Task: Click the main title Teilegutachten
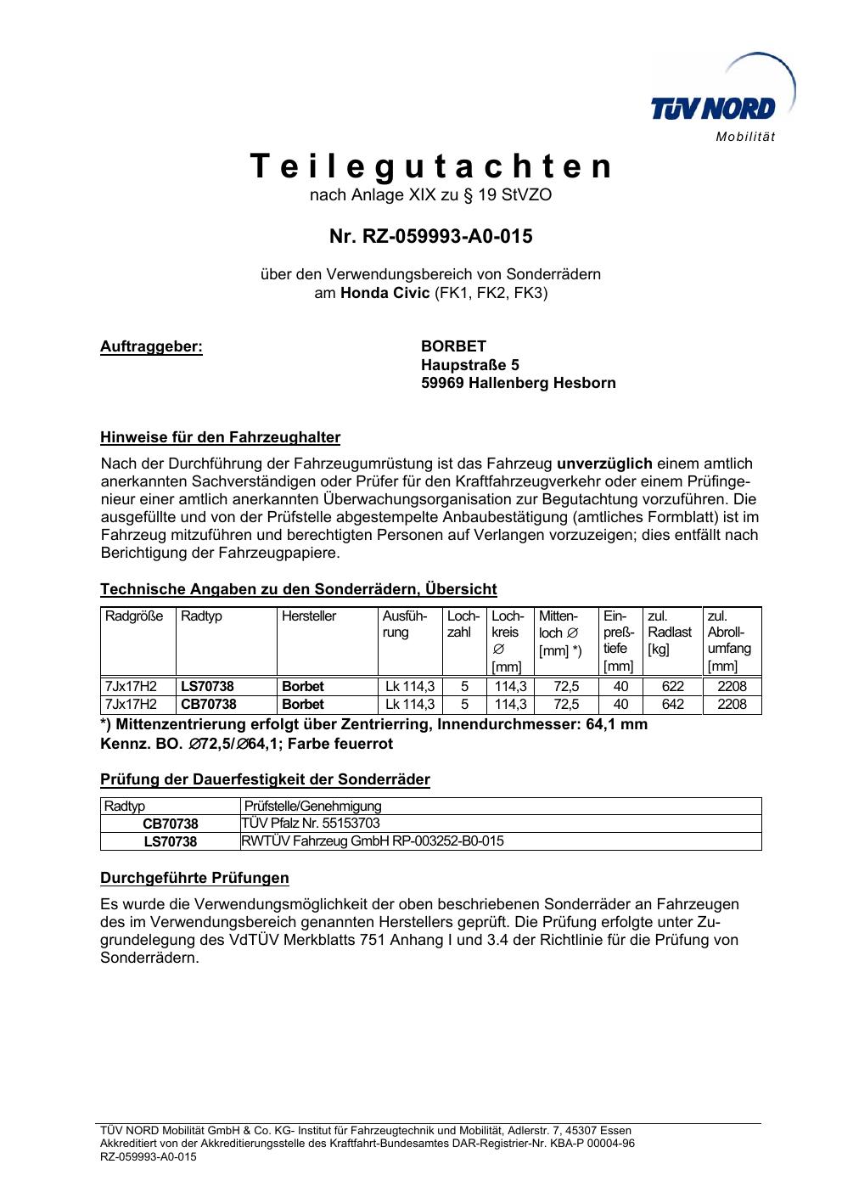point(431,166)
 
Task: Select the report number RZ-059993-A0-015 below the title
point(430,236)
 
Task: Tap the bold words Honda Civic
point(385,294)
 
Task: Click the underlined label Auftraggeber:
point(152,346)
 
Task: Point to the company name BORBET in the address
point(453,346)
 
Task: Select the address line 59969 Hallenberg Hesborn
point(518,383)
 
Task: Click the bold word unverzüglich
point(604,464)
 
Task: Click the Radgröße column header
point(134,616)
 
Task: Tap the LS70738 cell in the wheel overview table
point(207,686)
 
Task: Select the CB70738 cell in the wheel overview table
point(207,705)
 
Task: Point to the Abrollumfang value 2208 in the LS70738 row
point(732,686)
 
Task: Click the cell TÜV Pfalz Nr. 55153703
point(311,824)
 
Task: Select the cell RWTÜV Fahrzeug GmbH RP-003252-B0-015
point(373,841)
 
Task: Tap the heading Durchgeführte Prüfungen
point(194,878)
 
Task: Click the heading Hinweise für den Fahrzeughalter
point(220,438)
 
